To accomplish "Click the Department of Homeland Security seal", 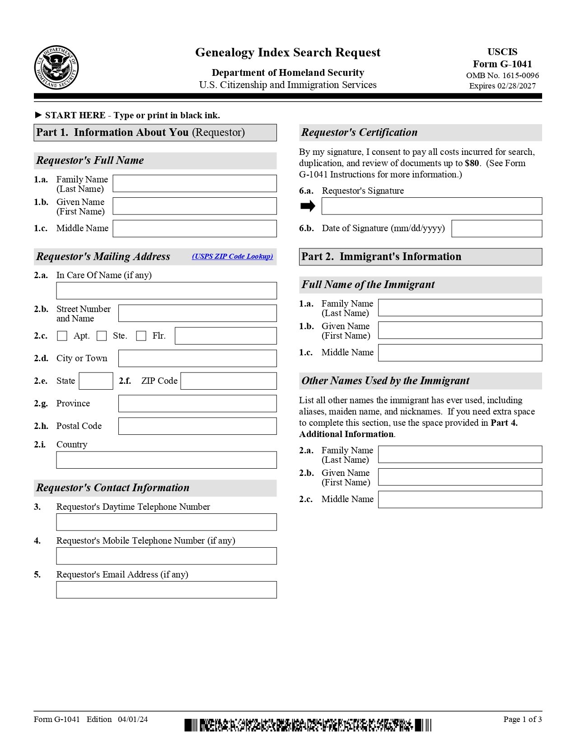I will pyautogui.click(x=56, y=68).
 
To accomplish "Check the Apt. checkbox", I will pyautogui.click(x=62, y=336).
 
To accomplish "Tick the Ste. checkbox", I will pyautogui.click(x=102, y=336).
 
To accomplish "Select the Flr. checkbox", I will pyautogui.click(x=141, y=336).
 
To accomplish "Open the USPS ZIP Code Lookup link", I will pyautogui.click(x=232, y=256).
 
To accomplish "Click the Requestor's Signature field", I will pyautogui.click(x=431, y=206).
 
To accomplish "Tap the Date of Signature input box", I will pyautogui.click(x=496, y=228).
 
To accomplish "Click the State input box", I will pyautogui.click(x=96, y=381).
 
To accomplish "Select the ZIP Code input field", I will pyautogui.click(x=229, y=381).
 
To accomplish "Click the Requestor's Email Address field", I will pyautogui.click(x=166, y=590).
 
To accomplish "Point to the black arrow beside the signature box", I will pyautogui.click(x=308, y=206).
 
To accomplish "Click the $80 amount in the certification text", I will pyautogui.click(x=472, y=163).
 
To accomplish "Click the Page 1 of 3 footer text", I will pyautogui.click(x=522, y=719).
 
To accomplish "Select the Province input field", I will pyautogui.click(x=197, y=404).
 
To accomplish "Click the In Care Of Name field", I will pyautogui.click(x=166, y=291).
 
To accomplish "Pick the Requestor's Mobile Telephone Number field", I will pyautogui.click(x=166, y=556).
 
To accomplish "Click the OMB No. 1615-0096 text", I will pyautogui.click(x=502, y=75).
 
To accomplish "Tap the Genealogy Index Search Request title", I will pyautogui.click(x=288, y=52).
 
